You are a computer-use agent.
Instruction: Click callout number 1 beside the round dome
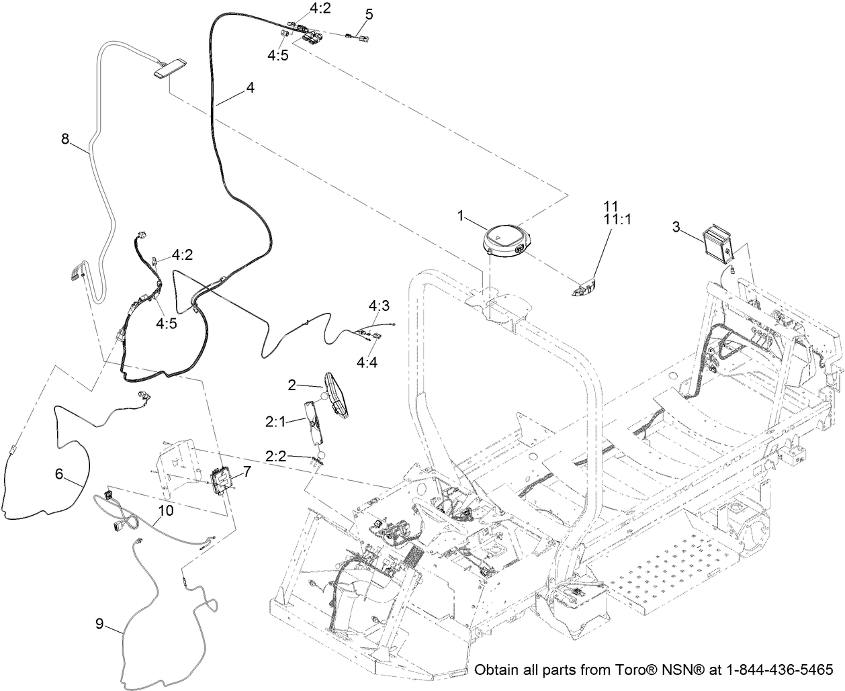point(461,216)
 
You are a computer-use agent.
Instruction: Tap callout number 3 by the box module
point(676,227)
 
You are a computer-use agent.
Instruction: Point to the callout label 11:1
point(619,220)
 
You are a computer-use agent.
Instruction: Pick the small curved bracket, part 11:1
point(582,287)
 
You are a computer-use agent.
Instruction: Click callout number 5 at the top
point(369,14)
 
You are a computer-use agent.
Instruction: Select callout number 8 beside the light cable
point(65,139)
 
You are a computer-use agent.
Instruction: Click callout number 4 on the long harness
point(251,87)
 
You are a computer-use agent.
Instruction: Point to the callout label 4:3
point(379,306)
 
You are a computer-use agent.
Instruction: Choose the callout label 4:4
point(367,363)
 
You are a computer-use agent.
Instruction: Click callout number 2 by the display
point(292,385)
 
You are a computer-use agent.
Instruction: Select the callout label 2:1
point(275,422)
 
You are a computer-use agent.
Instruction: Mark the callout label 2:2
point(275,456)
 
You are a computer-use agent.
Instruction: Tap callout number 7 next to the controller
point(247,472)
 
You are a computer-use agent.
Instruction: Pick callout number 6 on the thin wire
point(59,474)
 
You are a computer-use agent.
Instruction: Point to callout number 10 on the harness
point(166,510)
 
